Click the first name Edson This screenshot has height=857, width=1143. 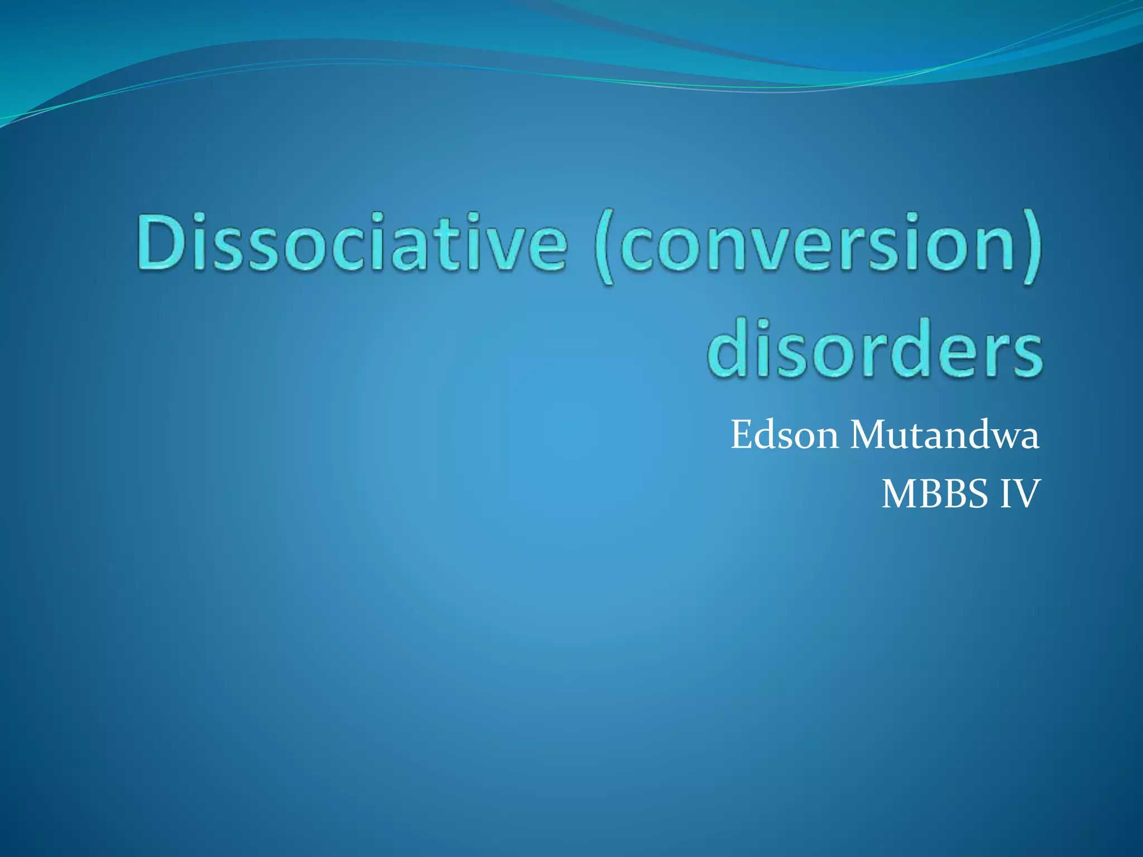[x=784, y=435]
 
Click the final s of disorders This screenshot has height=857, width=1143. [x=1024, y=355]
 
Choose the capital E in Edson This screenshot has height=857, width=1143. [x=742, y=435]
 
